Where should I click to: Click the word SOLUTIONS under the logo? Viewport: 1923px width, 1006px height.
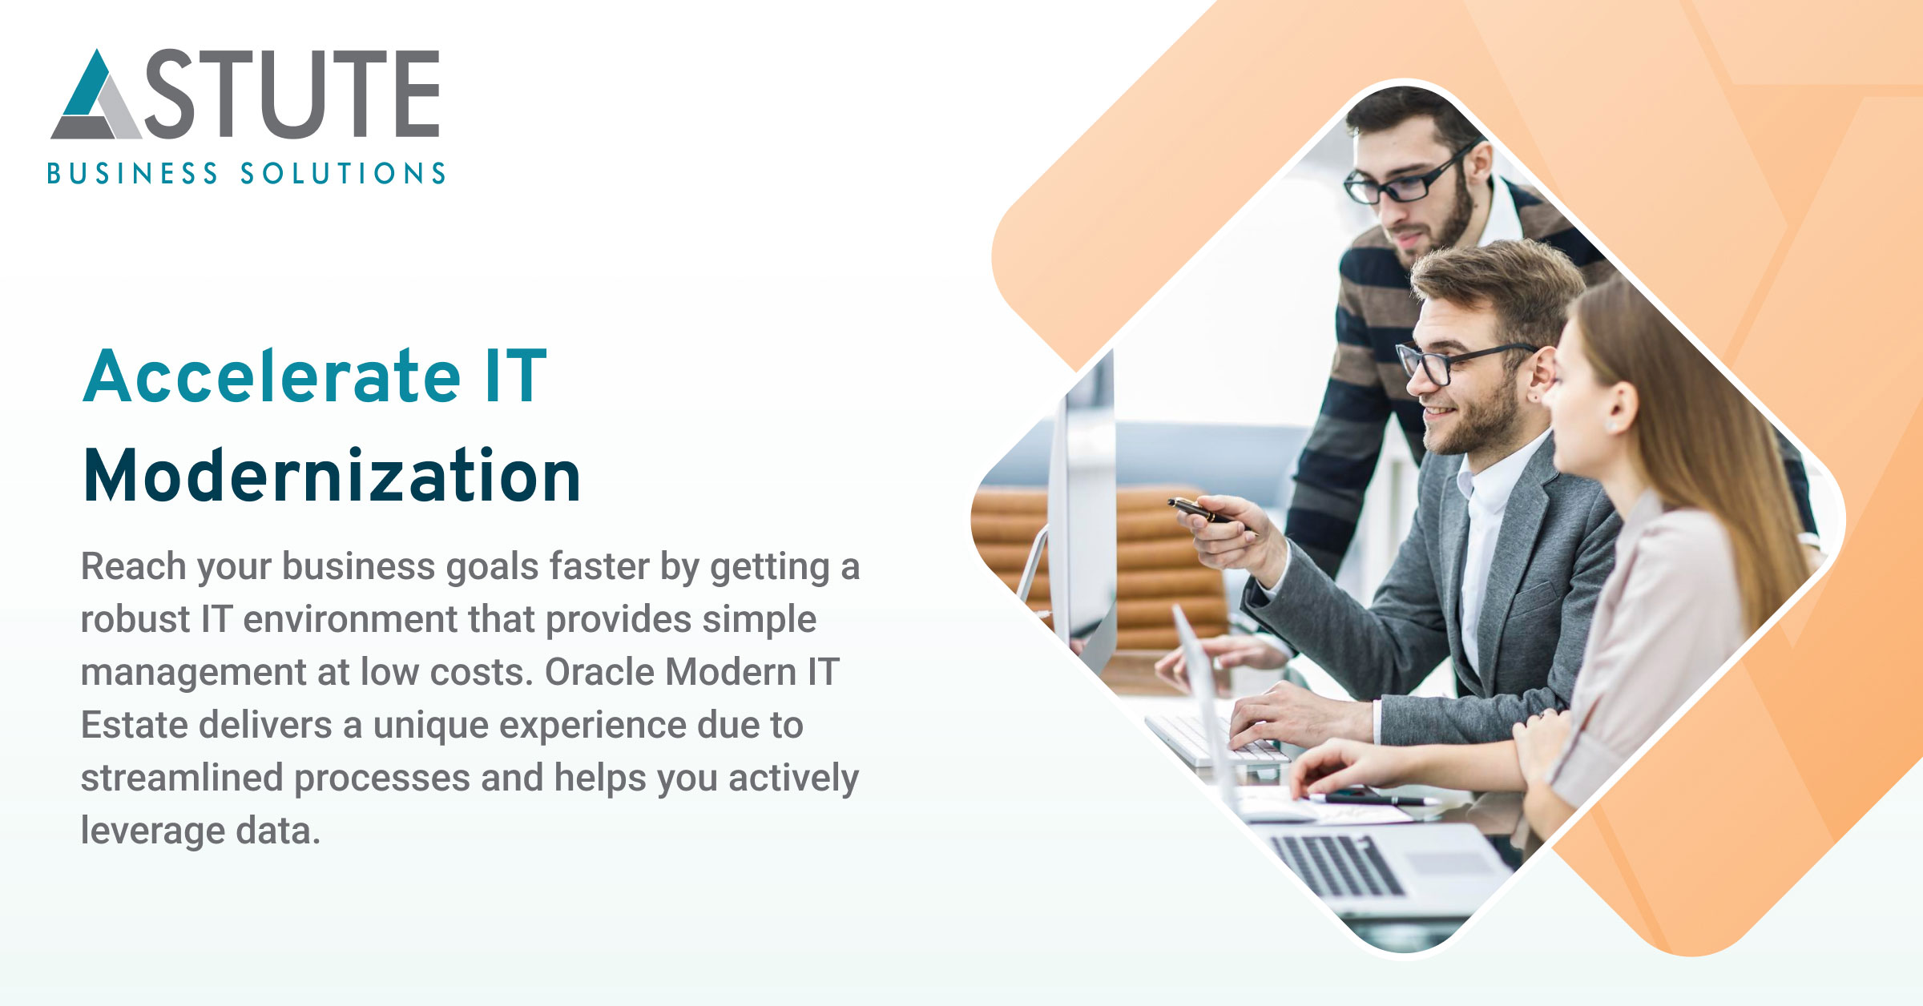[x=343, y=174]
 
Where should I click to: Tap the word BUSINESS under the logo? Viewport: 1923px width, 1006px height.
[x=132, y=174]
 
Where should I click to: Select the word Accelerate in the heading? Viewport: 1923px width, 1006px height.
[x=272, y=376]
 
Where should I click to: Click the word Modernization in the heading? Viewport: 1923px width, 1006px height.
[x=332, y=477]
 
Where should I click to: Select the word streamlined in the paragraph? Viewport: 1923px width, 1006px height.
[x=182, y=778]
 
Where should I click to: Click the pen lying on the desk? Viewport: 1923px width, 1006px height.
[x=1370, y=799]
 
